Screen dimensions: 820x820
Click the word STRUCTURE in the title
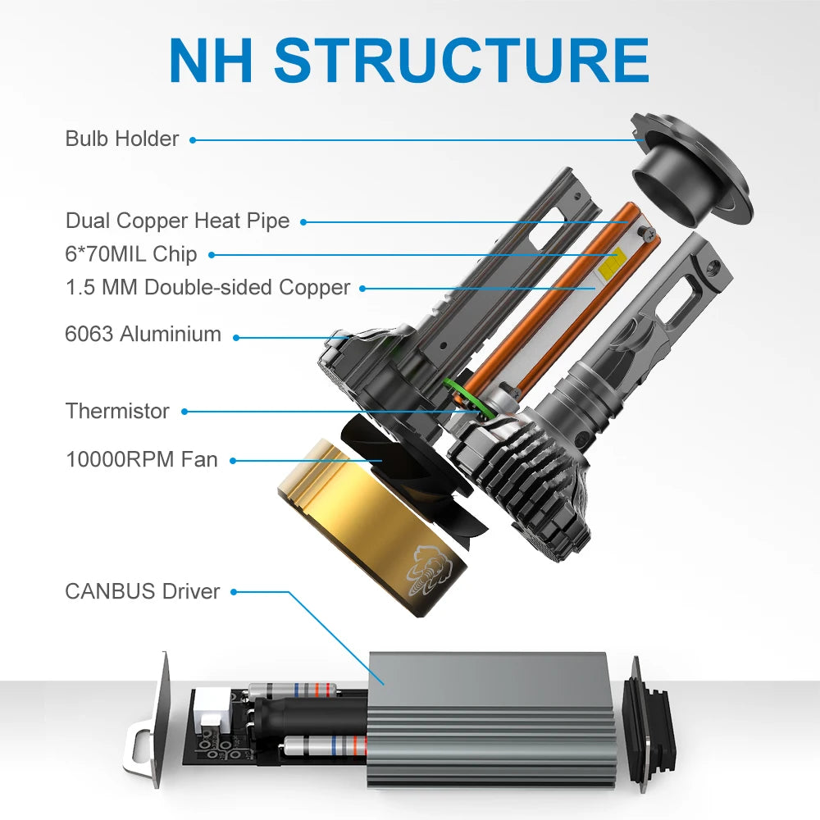[x=462, y=58]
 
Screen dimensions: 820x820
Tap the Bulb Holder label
[x=121, y=139]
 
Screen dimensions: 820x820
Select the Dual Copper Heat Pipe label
[x=177, y=221]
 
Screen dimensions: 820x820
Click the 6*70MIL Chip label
[x=131, y=254]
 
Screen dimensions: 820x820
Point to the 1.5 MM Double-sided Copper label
[x=207, y=288]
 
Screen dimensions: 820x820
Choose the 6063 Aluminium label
[x=143, y=335]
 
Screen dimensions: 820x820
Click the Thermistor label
[x=117, y=411]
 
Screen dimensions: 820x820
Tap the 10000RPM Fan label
[x=142, y=459]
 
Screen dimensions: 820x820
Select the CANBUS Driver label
[x=143, y=591]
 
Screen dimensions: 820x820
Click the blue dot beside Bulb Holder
[x=193, y=139]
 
